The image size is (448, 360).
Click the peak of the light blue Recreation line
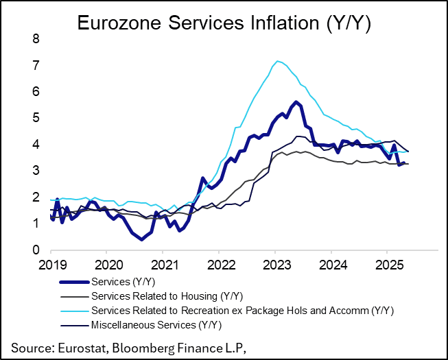pyautogui.click(x=276, y=61)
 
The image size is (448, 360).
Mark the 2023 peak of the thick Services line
pyautogui.click(x=296, y=102)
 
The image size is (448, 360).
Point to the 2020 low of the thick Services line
pyautogui.click(x=141, y=239)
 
